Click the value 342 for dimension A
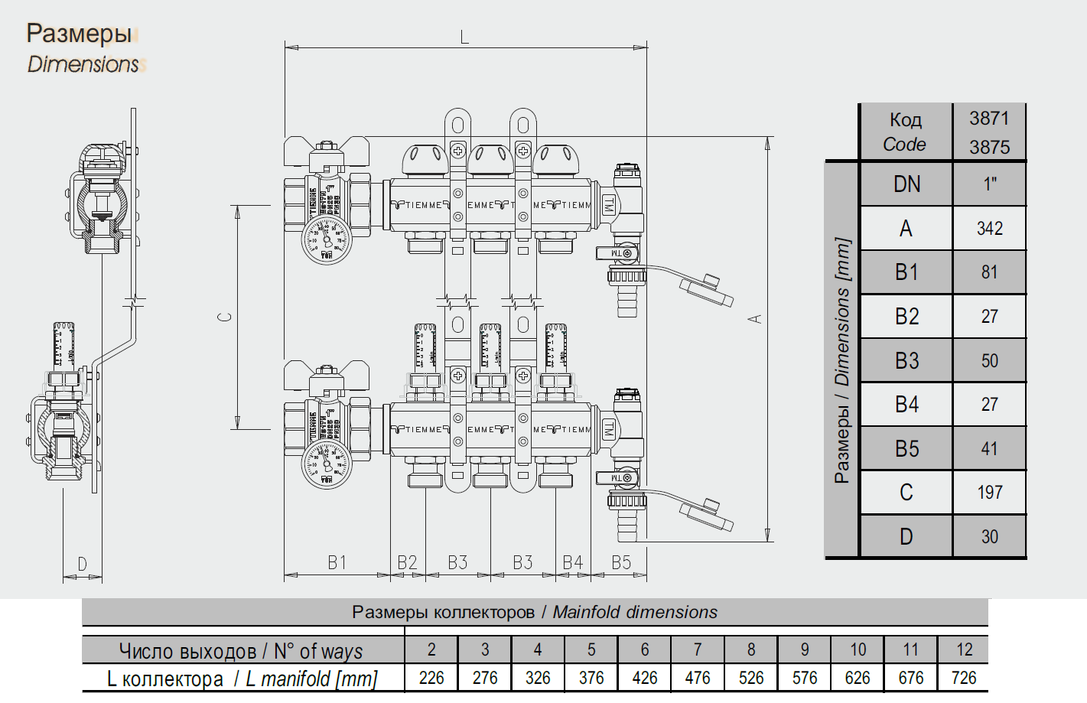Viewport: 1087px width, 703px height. coord(989,228)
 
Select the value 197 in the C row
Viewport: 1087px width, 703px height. coord(989,493)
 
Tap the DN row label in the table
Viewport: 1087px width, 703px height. coord(906,184)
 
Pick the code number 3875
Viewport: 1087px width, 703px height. coord(989,147)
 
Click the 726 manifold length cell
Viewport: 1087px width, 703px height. coord(964,678)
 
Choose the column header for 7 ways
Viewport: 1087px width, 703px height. coord(698,649)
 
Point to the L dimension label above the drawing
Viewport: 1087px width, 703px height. coord(464,37)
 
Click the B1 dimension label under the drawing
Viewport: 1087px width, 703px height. coord(337,563)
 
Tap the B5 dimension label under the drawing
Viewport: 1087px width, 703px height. coord(621,563)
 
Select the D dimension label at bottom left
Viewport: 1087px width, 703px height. coord(82,565)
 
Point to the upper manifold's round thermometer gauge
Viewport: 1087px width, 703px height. coord(326,239)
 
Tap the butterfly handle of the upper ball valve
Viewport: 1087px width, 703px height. coord(327,152)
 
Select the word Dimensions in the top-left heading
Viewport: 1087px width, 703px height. coord(83,64)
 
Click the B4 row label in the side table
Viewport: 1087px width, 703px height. coord(906,405)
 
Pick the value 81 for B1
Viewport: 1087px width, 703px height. coord(989,272)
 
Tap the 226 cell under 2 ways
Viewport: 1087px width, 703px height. coord(431,678)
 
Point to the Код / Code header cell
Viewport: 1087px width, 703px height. coord(905,132)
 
